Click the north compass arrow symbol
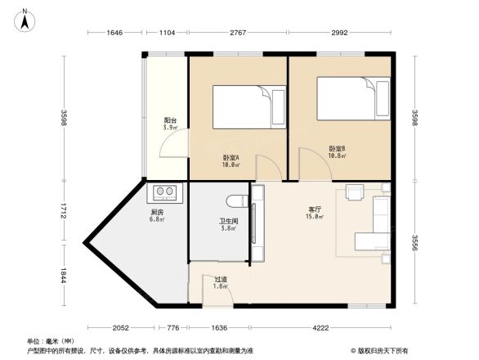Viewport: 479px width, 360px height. click(x=25, y=20)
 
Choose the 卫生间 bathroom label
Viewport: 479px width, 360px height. click(x=228, y=224)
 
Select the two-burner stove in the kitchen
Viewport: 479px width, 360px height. click(x=163, y=193)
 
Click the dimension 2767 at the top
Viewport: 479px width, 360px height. click(x=238, y=33)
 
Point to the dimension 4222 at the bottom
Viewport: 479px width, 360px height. click(x=321, y=328)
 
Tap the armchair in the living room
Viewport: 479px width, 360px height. click(x=355, y=192)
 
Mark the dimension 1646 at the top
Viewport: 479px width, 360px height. click(x=114, y=33)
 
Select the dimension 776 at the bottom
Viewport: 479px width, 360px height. click(x=172, y=328)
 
